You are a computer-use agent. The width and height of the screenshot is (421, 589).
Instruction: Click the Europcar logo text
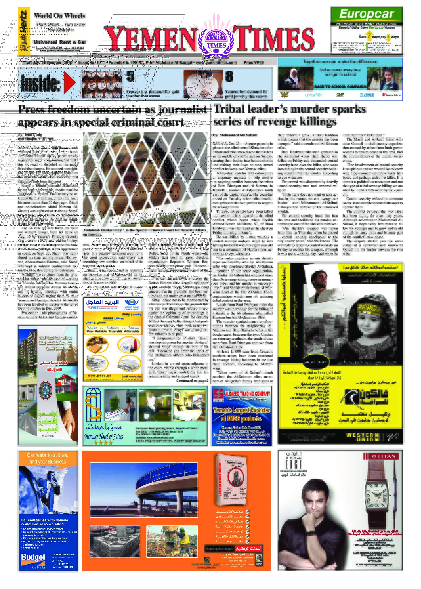pos(366,14)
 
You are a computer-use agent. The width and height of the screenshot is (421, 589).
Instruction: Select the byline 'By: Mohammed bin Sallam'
pos(235,135)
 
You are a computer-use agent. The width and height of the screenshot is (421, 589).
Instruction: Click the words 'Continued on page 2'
pos(192,381)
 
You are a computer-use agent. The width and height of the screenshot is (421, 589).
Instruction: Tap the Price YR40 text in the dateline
pos(253,63)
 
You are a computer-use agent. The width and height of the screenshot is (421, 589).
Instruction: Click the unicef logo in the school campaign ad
pos(313,95)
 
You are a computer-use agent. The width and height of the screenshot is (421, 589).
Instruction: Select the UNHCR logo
pos(367,95)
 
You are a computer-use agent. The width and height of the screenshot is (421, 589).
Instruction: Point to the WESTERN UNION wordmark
pos(362,437)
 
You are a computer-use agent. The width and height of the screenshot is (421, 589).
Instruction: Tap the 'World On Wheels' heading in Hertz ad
pos(60,16)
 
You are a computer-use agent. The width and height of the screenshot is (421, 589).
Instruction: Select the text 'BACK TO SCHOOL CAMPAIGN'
pos(340,87)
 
